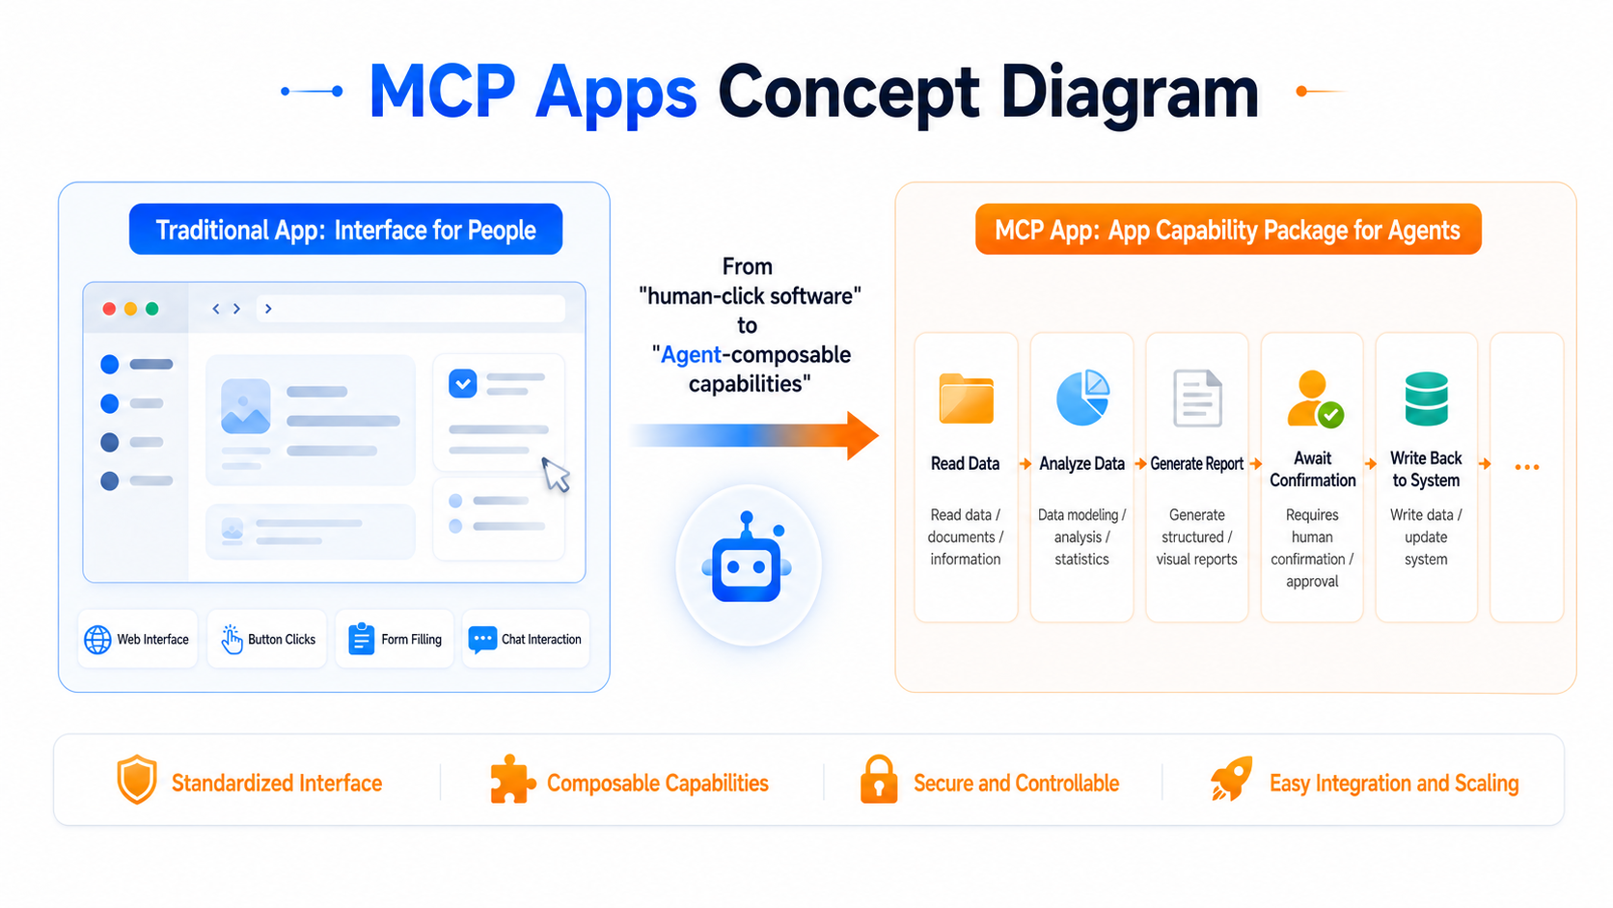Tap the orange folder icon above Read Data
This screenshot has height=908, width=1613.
966,399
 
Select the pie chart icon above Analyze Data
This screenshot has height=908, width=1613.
1082,397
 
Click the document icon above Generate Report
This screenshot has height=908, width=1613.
1197,399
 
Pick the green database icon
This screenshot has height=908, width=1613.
1426,399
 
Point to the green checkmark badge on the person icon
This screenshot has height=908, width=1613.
1330,415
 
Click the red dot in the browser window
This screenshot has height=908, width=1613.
109,309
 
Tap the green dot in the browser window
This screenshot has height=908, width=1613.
151,309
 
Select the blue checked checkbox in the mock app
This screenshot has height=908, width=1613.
462,384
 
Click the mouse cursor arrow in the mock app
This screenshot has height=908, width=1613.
555,475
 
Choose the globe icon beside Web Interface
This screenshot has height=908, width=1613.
97,640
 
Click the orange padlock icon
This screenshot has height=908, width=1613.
879,779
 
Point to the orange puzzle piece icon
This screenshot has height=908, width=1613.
512,779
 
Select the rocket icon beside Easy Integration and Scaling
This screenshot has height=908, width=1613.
1231,779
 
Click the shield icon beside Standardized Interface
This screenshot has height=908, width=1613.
137,779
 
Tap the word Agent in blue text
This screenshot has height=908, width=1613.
692,355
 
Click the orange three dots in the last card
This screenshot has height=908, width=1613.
1526,467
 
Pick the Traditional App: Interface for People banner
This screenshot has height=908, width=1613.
345,229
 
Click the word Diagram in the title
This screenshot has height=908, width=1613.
1129,94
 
